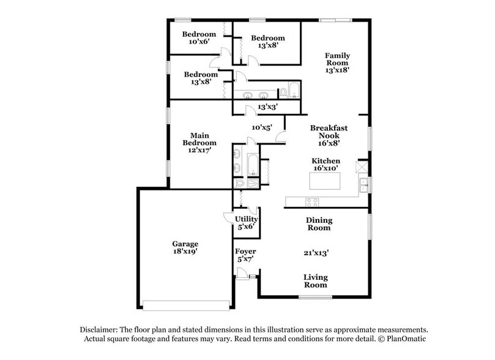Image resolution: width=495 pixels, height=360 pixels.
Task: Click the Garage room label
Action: point(184,243)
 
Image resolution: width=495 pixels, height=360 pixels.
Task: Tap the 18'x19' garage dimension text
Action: point(184,251)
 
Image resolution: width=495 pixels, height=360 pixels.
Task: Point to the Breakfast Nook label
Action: point(329,132)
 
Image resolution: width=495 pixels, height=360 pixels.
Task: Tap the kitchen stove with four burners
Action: point(312,201)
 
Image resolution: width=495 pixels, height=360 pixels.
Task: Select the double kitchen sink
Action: point(365,184)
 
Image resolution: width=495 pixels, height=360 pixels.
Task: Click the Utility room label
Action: point(247,219)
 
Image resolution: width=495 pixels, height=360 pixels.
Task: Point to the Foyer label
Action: point(245,251)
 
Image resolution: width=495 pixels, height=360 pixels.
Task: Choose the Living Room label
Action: point(315,281)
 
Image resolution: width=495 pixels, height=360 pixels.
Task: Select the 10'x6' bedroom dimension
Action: point(199,42)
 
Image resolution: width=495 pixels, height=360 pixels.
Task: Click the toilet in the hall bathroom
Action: point(283,93)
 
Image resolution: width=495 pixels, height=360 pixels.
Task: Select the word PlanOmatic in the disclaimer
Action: point(404,339)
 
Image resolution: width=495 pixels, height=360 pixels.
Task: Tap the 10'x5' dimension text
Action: point(261,127)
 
